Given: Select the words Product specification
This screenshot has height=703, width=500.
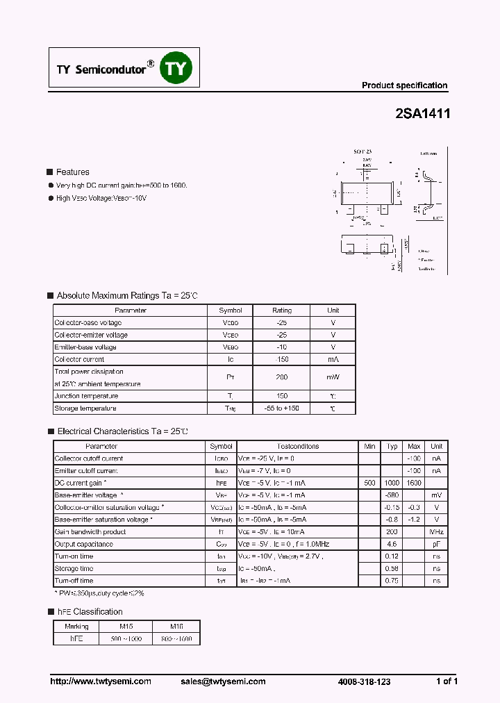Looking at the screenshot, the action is [404, 85].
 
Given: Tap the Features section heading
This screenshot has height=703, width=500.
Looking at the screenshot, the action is [72, 172].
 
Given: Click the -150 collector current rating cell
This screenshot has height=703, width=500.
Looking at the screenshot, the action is [281, 359].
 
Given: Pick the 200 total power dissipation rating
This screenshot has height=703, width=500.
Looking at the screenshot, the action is [281, 377].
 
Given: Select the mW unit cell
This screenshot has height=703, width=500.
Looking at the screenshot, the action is [333, 377].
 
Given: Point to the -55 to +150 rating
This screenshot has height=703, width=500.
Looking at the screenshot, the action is [281, 408].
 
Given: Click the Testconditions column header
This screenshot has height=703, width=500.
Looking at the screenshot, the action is [298, 447].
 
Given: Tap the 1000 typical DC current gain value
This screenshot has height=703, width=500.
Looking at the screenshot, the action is [392, 483].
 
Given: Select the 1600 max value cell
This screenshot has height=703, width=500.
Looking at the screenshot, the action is [414, 483].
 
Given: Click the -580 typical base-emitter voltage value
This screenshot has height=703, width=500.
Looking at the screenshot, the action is [392, 495].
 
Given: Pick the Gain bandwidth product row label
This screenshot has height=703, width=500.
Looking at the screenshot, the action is [90, 532].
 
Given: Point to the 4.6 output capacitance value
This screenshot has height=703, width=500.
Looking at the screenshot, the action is [392, 544].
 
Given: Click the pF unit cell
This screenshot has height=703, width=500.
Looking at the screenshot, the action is [436, 544].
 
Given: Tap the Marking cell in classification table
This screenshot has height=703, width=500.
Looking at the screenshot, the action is [77, 627].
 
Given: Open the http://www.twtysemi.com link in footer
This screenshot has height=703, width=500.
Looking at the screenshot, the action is [101, 681].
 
